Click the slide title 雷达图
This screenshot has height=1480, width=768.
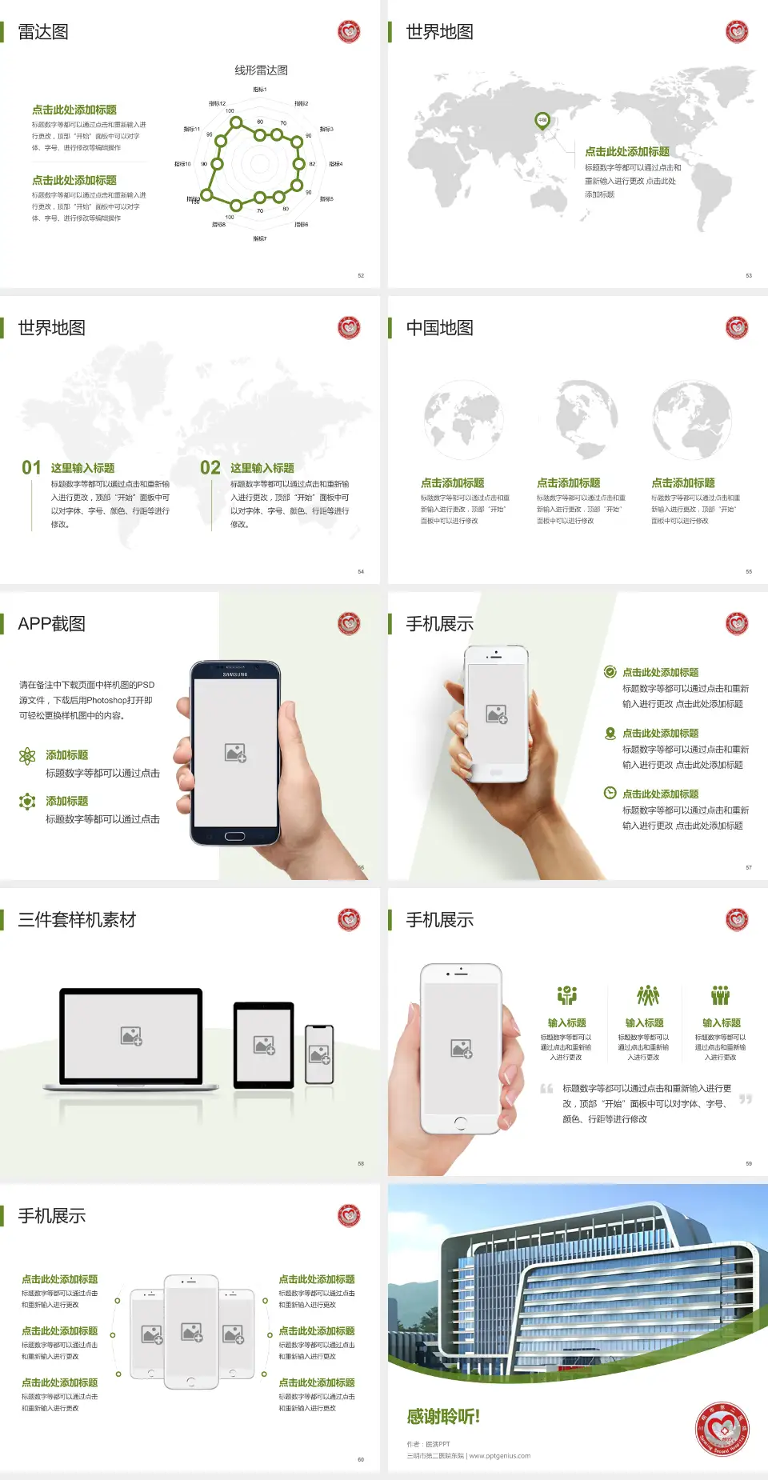(x=43, y=32)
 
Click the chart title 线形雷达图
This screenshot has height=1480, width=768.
(x=261, y=70)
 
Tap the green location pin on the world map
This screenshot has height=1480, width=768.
(x=542, y=121)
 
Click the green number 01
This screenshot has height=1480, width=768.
(x=31, y=467)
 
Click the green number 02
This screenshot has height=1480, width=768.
(x=210, y=467)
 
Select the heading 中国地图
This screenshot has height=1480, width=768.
(x=439, y=328)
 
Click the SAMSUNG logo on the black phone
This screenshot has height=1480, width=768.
(x=235, y=674)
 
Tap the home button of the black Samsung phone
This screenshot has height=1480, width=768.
(x=234, y=836)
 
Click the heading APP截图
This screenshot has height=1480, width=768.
(x=51, y=624)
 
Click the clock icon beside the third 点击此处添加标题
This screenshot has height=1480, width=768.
(x=610, y=793)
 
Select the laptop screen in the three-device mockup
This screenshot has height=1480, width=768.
(x=131, y=1035)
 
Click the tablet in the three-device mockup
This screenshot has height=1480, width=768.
(x=264, y=1044)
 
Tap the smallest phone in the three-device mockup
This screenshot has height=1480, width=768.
(x=319, y=1054)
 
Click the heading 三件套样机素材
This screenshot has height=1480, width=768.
(x=77, y=920)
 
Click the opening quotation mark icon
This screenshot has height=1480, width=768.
(x=546, y=1088)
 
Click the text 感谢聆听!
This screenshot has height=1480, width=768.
(x=443, y=1417)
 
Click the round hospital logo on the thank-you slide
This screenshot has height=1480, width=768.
(x=722, y=1429)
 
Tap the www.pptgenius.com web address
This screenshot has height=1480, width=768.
(x=500, y=1456)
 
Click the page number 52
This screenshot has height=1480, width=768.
(x=361, y=275)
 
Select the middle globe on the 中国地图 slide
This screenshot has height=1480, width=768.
(x=578, y=418)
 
